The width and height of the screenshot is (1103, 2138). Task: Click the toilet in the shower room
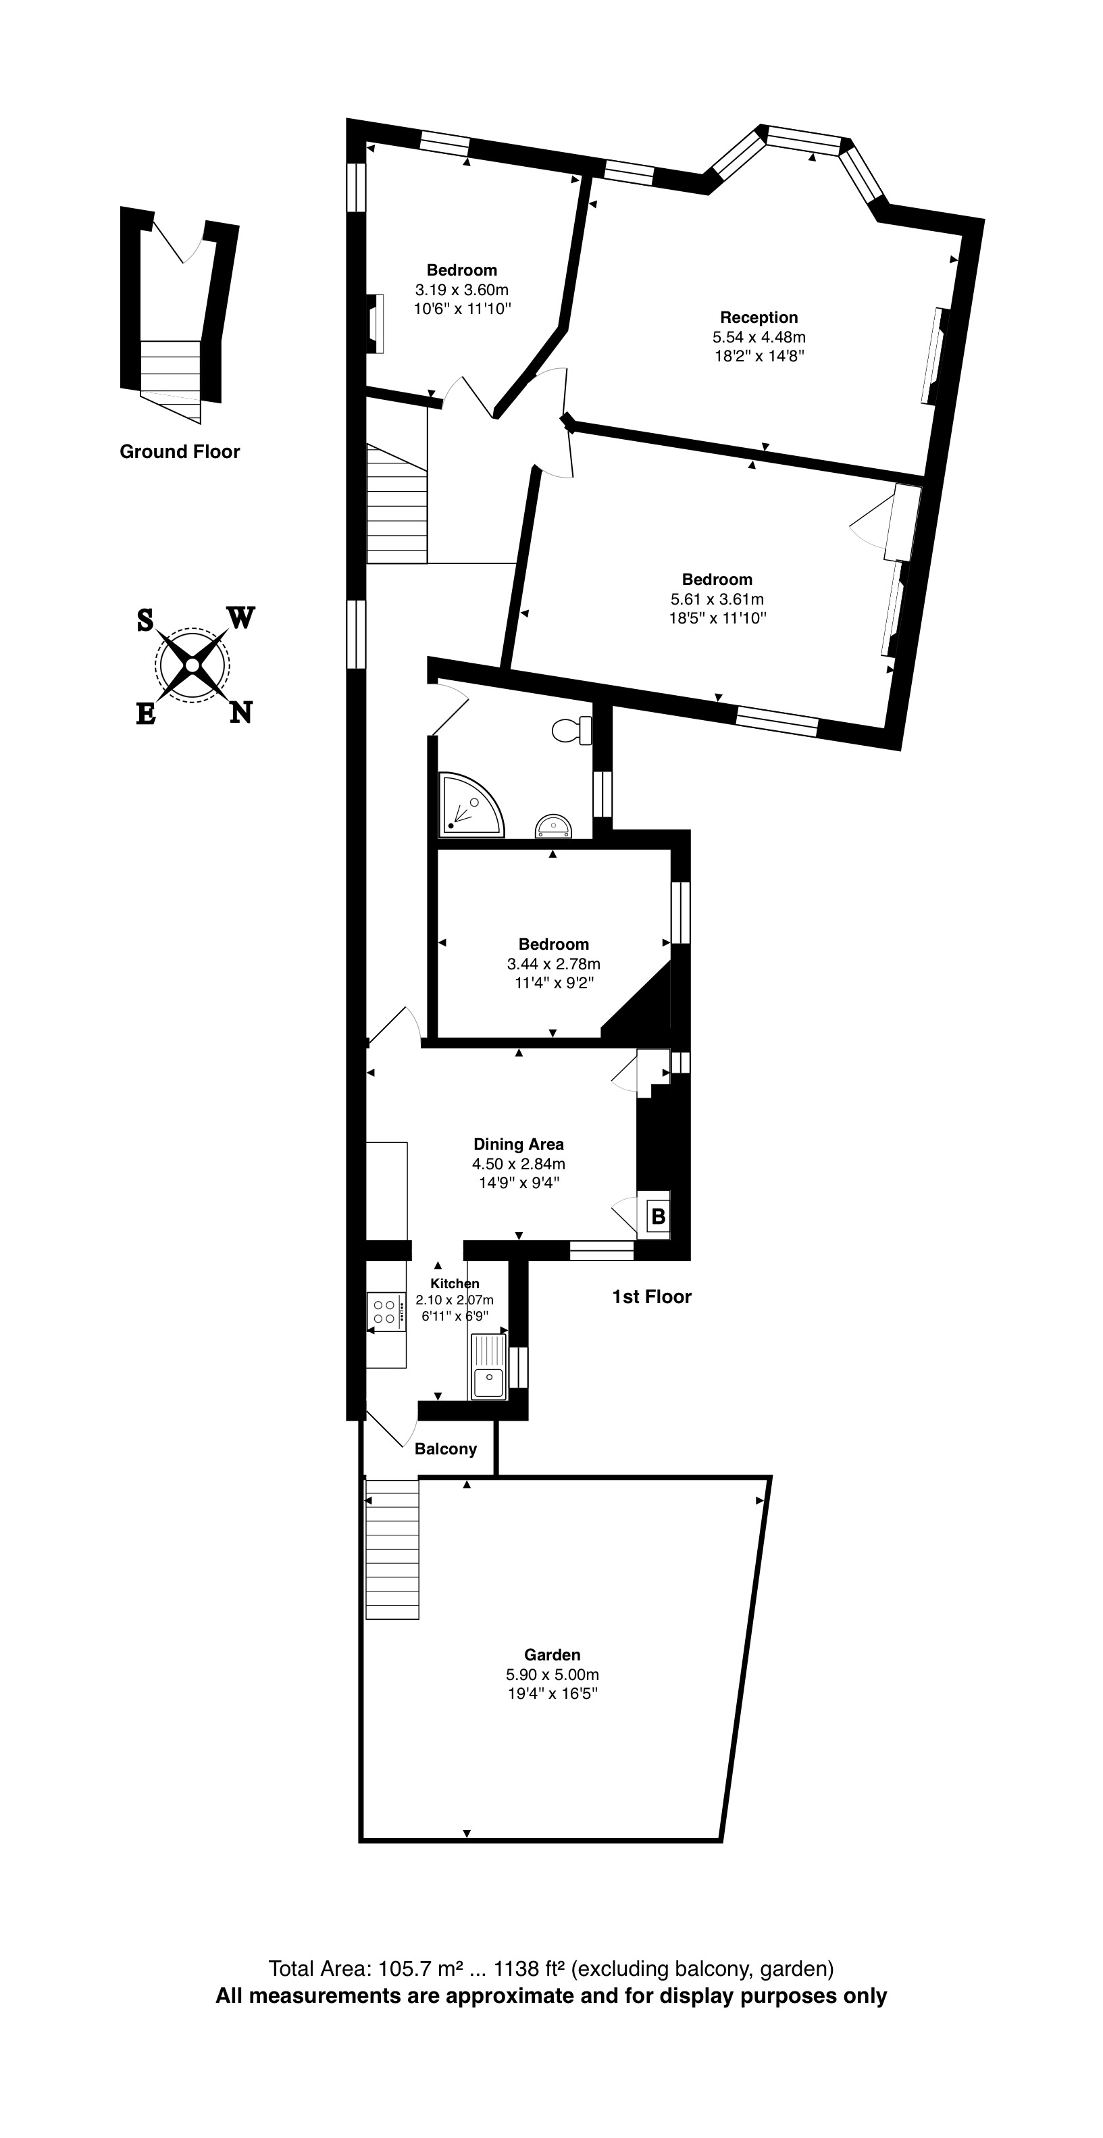(x=571, y=730)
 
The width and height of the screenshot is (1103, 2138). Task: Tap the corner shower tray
(x=468, y=803)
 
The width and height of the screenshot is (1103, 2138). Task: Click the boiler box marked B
(x=658, y=1217)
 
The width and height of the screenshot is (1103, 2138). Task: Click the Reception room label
(x=759, y=317)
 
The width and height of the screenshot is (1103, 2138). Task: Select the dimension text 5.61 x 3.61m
(x=717, y=599)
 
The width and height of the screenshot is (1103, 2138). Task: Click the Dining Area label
(x=519, y=1144)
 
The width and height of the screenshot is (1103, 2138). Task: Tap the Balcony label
(x=446, y=1448)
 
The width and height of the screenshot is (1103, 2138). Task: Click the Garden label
(x=552, y=1654)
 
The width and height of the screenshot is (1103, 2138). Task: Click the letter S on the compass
(x=145, y=619)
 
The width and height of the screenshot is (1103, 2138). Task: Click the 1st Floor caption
(x=652, y=1296)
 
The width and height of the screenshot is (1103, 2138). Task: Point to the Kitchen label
(x=454, y=1283)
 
